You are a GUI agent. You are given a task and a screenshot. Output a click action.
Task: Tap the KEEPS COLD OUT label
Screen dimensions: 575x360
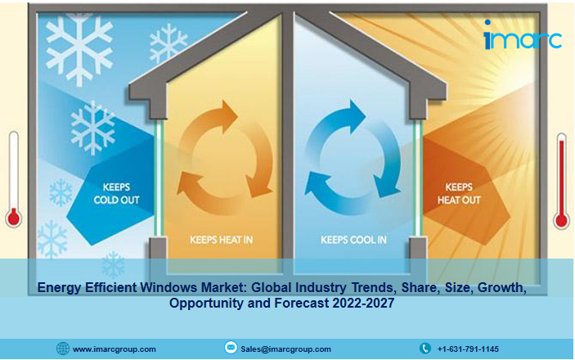(116, 193)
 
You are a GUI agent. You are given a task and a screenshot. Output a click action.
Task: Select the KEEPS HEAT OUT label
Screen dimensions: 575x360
(459, 193)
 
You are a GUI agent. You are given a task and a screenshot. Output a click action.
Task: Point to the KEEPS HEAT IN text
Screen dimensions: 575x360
(221, 240)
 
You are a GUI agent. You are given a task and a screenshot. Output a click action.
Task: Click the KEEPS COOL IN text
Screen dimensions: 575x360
(353, 240)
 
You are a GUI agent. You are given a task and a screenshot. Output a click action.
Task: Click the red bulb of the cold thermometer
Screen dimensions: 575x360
(14, 218)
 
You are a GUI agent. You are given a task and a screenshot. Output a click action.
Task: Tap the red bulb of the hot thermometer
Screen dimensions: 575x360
(561, 220)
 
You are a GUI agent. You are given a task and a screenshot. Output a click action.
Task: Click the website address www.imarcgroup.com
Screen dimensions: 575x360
(114, 349)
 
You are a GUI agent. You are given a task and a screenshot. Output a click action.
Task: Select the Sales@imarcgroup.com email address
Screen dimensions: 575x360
(285, 349)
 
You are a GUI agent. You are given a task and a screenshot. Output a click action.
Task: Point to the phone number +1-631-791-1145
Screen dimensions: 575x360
(468, 349)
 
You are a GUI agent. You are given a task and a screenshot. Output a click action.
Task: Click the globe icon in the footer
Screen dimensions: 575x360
(63, 349)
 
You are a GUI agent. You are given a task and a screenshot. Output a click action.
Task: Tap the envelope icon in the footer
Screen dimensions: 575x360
(231, 347)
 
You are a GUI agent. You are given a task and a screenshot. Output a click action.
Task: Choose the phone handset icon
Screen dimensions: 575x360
(425, 349)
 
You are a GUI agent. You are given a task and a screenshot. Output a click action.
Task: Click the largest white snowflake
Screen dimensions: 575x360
(79, 47)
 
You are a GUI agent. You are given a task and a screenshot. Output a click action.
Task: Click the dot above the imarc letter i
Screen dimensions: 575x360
(487, 22)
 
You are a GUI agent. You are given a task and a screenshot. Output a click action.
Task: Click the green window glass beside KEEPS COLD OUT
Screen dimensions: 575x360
(159, 178)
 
